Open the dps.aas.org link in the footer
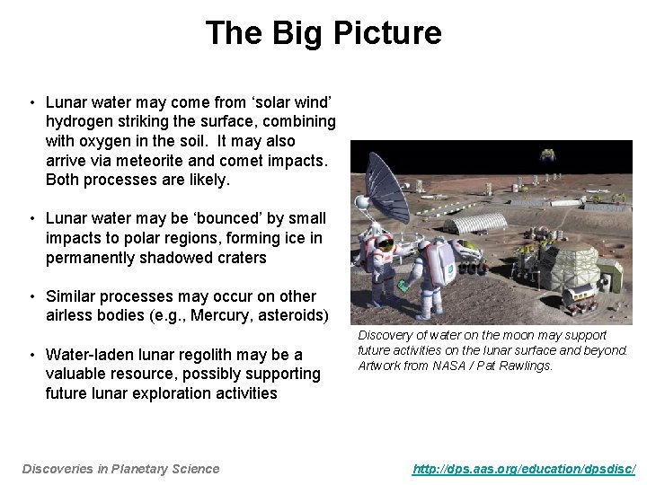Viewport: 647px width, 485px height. (x=524, y=468)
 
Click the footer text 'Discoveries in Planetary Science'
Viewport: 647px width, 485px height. (x=120, y=468)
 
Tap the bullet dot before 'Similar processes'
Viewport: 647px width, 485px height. (x=31, y=296)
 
